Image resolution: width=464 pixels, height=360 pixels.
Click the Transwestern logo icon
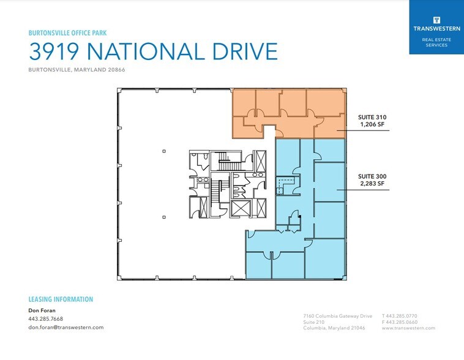point(436,20)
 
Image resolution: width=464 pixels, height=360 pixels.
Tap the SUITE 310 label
point(372,117)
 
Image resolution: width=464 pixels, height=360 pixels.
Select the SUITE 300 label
point(372,176)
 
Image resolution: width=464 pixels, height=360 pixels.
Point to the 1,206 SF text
point(372,124)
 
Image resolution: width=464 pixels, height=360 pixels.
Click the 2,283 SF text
point(372,184)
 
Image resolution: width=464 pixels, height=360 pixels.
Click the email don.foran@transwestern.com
point(66,327)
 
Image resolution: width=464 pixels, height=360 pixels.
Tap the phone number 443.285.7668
point(45,319)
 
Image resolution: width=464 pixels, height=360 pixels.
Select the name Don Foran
point(42,310)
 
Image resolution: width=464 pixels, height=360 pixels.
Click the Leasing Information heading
point(61,299)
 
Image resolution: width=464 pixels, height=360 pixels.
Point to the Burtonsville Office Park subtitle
point(67,33)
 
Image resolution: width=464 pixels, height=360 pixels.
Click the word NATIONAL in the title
point(146,51)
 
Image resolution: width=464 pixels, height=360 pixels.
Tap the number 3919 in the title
point(54,51)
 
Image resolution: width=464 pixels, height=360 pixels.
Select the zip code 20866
point(116,70)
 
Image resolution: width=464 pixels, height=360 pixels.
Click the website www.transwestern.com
point(408,328)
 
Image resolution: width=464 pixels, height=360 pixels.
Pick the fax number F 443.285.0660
point(400,322)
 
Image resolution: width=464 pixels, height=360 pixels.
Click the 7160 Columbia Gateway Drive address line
point(338,316)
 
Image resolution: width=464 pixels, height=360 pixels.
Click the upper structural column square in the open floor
point(164,151)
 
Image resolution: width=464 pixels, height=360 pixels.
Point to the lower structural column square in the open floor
point(164,217)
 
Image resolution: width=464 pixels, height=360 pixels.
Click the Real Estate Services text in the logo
point(436,42)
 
